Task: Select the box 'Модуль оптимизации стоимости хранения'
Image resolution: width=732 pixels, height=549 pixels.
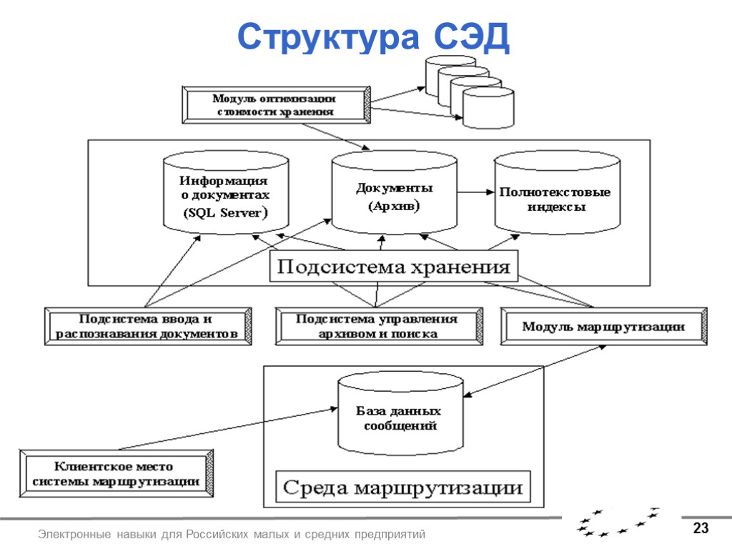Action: (x=274, y=105)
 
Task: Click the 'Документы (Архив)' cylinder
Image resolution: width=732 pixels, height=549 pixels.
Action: (x=395, y=194)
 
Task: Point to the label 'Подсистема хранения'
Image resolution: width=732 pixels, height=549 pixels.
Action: (x=394, y=268)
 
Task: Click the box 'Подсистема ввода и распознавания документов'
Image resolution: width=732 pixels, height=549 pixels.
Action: (x=148, y=326)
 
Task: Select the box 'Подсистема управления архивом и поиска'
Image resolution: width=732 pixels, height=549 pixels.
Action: (x=377, y=326)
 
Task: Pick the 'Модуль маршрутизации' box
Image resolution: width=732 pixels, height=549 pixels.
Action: (x=603, y=327)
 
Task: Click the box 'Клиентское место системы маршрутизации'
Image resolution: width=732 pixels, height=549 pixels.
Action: (x=116, y=473)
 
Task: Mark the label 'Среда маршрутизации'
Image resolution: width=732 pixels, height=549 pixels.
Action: (x=403, y=489)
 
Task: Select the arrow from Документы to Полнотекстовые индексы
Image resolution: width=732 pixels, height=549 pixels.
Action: (x=476, y=192)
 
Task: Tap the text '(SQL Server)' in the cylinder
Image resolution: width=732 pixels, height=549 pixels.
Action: (x=224, y=212)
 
